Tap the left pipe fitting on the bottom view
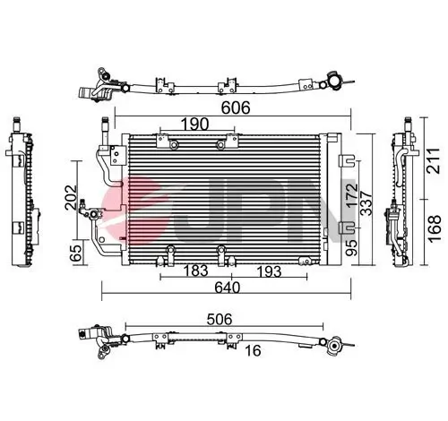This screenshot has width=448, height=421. coord(96,339)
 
